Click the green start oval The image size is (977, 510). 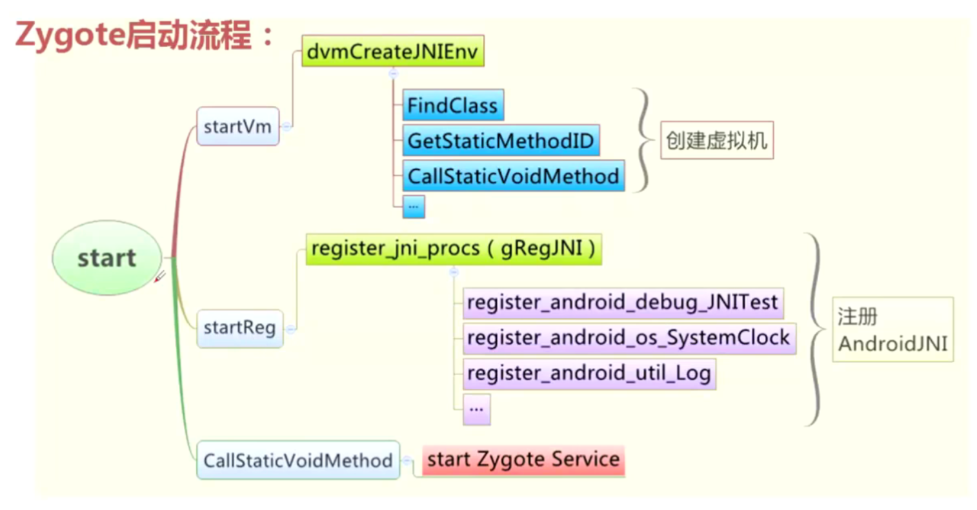pos(106,258)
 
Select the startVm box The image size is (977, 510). pos(237,127)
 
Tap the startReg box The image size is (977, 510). pos(239,328)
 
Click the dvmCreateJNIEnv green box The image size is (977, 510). pos(392,51)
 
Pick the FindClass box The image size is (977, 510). pos(452,105)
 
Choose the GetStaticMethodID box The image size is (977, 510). pos(501,141)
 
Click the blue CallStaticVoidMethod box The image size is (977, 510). pos(513,176)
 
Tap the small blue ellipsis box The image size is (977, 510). pos(414,207)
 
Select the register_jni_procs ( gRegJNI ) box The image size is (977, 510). pos(453,249)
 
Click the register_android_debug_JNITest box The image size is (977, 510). pos(623,303)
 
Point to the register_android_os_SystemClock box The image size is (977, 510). pos(629,338)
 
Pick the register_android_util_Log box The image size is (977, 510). pos(589,373)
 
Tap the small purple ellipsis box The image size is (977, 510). pos(476,409)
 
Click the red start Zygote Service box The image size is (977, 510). pos(523,460)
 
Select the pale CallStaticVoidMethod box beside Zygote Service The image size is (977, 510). pos(298,460)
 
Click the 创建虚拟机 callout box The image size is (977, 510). pos(716,140)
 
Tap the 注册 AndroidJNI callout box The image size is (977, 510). pos(892,329)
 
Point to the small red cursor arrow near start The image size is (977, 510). pos(159,277)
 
